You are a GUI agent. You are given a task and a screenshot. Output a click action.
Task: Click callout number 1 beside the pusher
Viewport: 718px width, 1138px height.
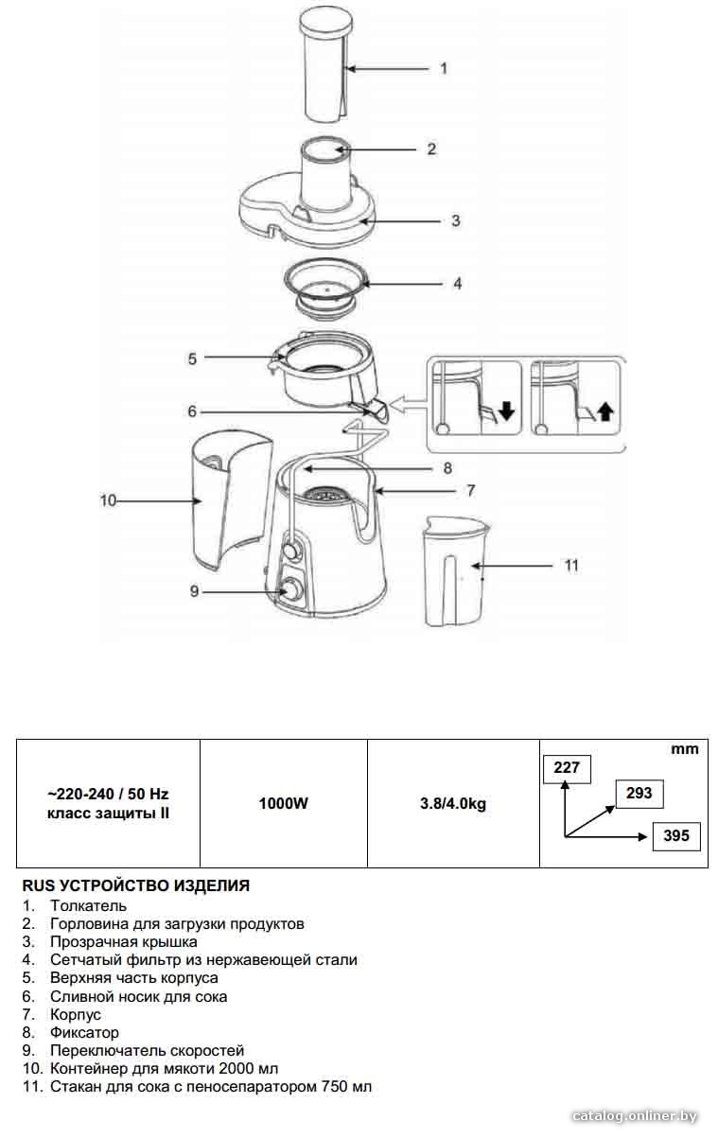[x=444, y=68]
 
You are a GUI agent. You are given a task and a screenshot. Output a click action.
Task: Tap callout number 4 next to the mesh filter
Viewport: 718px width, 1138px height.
[x=457, y=284]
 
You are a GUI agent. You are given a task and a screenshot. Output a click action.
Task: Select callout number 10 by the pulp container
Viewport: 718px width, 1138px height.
[x=108, y=501]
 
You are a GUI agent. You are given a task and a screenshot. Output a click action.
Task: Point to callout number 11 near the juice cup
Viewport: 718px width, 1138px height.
[x=571, y=566]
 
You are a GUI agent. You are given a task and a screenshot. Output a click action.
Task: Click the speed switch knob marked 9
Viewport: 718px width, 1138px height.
[x=290, y=589]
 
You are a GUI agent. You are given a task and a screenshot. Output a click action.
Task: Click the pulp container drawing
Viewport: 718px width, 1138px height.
[x=231, y=500]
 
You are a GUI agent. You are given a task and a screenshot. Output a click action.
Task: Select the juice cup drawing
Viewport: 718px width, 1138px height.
[x=456, y=571]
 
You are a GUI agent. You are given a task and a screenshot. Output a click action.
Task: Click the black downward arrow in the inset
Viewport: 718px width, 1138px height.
[x=507, y=411]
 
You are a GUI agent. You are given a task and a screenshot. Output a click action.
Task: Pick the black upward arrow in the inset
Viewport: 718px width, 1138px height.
[x=605, y=411]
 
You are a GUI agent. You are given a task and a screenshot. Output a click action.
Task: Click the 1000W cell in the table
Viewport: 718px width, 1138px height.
[x=284, y=803]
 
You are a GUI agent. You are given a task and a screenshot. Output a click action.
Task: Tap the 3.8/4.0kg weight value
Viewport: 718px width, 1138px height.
[x=453, y=803]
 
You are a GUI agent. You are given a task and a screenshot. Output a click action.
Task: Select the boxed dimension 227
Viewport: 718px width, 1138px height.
[x=567, y=766]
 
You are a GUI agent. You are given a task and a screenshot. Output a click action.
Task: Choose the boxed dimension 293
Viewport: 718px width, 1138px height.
[x=639, y=793]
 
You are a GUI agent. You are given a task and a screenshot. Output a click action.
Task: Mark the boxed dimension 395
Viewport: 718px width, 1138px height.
[x=676, y=835]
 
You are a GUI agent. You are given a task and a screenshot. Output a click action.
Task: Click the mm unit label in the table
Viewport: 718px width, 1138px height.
[x=685, y=749]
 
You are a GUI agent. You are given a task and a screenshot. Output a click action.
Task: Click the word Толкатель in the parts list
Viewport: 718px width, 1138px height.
[x=88, y=905]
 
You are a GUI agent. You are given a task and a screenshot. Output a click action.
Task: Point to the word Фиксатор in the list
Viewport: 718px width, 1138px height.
[x=84, y=1032]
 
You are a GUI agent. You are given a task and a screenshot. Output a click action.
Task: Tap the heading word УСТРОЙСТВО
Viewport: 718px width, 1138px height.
[x=114, y=885]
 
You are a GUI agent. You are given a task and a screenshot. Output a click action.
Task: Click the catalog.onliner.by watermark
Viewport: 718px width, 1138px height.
[x=634, y=1116]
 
